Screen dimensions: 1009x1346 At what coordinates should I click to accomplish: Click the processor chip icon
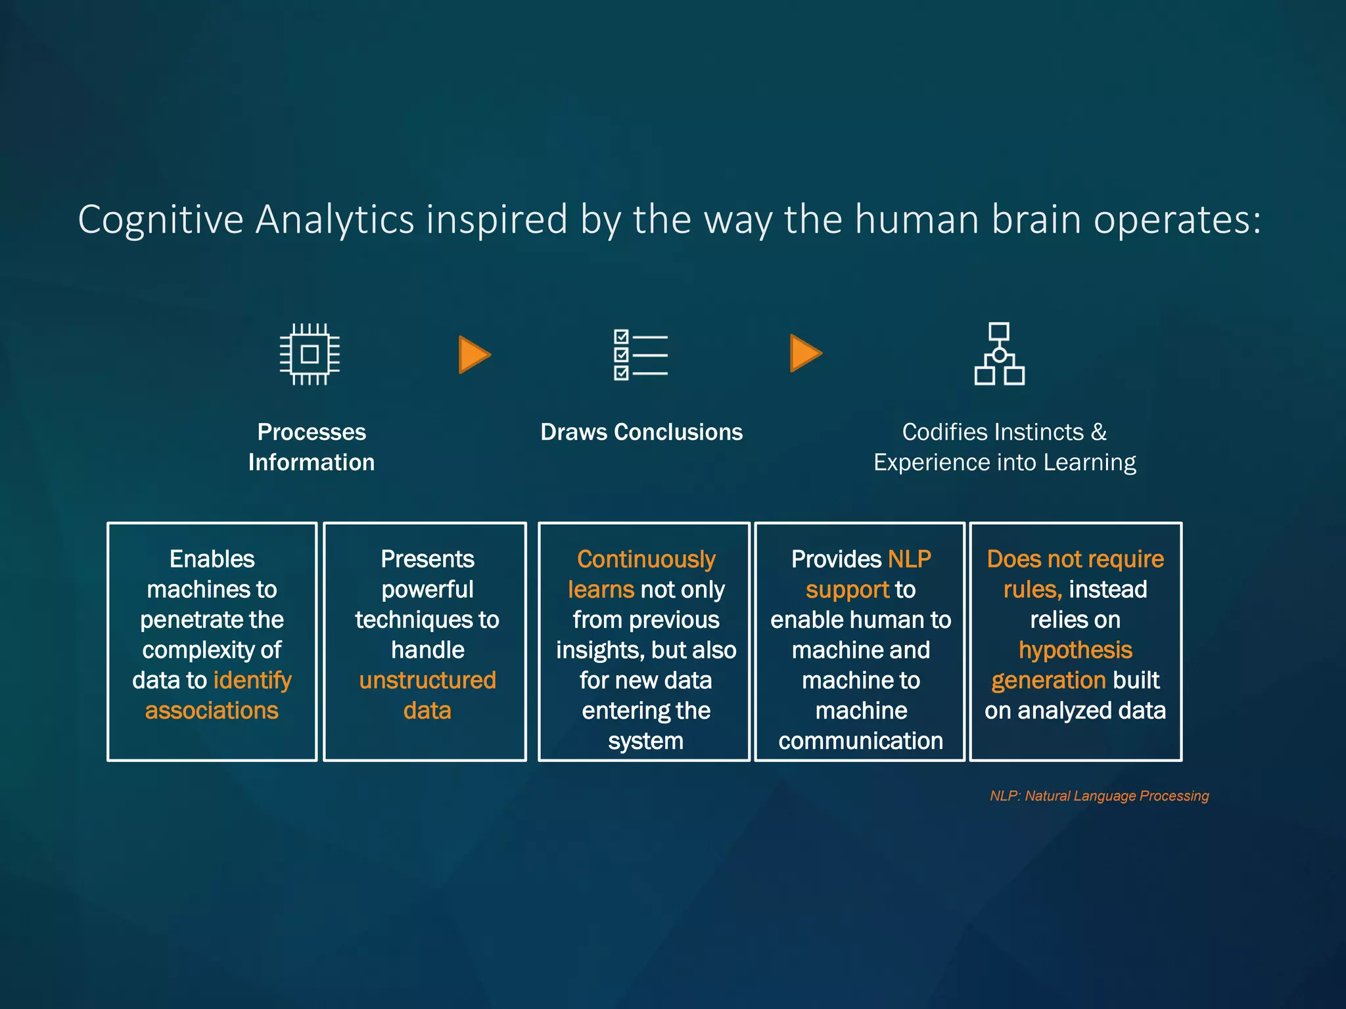coord(310,354)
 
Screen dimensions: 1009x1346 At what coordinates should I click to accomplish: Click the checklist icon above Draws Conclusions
coord(640,355)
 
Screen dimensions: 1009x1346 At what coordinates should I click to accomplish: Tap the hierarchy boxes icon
coord(999,354)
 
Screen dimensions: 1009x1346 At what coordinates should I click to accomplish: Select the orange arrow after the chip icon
coord(474,355)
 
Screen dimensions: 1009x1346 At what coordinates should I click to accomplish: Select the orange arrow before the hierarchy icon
coord(805,353)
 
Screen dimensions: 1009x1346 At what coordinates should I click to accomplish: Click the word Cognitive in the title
coord(160,219)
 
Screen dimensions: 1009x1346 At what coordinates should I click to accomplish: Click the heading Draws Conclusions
coord(641,432)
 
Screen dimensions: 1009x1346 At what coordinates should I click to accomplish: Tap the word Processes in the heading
coord(312,432)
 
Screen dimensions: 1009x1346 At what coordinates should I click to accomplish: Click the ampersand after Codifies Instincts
coord(1099,432)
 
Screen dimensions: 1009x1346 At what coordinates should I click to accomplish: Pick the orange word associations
coord(212,711)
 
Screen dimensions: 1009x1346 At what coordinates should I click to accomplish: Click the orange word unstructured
coord(427,681)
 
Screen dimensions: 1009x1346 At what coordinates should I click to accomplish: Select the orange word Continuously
coord(646,560)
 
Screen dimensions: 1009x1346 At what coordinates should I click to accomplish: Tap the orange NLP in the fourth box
coord(910,560)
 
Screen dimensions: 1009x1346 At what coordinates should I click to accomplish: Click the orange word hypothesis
coord(1075,650)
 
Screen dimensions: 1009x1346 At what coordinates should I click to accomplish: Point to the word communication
coord(860,741)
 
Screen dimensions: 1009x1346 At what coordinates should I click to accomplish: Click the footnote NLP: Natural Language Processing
coord(1099,796)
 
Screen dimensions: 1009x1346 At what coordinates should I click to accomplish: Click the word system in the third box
coord(645,741)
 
